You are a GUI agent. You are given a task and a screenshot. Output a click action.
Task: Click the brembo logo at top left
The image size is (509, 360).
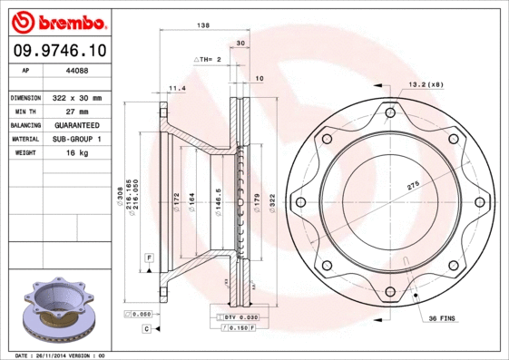[x=59, y=20]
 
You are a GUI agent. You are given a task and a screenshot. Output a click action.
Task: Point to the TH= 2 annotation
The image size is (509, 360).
[x=208, y=59]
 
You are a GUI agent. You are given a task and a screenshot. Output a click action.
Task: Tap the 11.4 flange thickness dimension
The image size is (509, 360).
[x=177, y=88]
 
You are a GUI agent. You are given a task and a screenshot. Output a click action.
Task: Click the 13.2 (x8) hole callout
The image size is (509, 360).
[x=426, y=84]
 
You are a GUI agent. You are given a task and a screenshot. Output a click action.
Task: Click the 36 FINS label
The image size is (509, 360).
[x=445, y=319]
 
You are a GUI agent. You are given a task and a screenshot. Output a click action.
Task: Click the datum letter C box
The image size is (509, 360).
[x=145, y=328]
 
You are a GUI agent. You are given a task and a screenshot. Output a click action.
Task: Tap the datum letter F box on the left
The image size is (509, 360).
[x=148, y=259]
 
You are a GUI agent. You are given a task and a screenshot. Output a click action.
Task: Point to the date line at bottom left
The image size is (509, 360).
[x=61, y=355]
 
